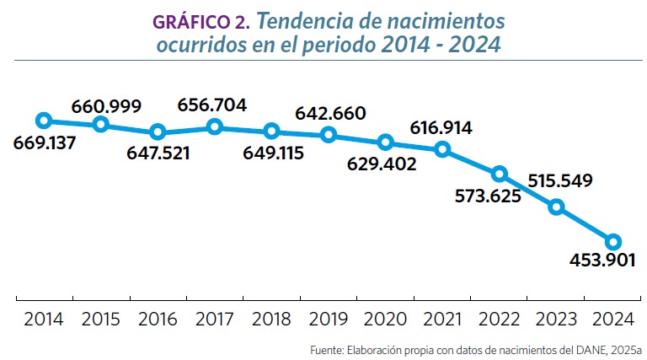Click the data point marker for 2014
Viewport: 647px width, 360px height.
(44, 121)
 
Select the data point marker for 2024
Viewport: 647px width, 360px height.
(613, 242)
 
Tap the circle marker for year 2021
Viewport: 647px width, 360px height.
(443, 149)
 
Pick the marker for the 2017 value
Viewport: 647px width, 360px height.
(215, 126)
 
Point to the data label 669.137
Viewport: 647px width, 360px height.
(45, 142)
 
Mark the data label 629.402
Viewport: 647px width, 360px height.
(382, 164)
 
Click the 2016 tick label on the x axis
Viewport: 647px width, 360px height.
(158, 320)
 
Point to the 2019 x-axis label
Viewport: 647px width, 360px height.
(329, 320)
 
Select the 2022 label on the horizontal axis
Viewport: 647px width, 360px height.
(500, 320)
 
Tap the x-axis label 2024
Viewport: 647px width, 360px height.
(613, 320)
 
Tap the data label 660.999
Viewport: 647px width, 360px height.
(106, 106)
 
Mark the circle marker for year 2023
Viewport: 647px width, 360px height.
(556, 207)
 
